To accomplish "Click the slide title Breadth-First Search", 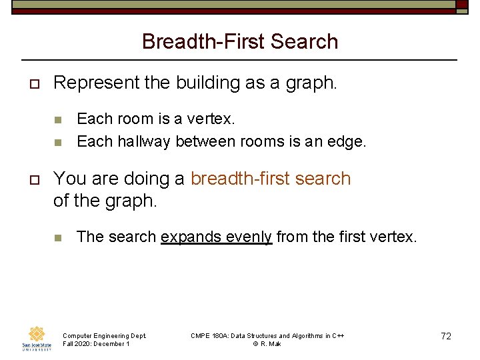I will pyautogui.click(x=240, y=41).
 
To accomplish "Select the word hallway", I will pyautogui.click(x=144, y=141).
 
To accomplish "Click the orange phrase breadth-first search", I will pyautogui.click(x=271, y=179).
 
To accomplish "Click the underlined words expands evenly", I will pyautogui.click(x=217, y=237).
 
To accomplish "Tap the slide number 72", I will pyautogui.click(x=446, y=336).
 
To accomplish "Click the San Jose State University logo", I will pyautogui.click(x=37, y=339).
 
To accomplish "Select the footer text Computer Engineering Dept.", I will pyautogui.click(x=104, y=335).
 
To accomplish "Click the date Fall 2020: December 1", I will pyautogui.click(x=96, y=344).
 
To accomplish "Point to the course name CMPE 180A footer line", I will pyautogui.click(x=267, y=335).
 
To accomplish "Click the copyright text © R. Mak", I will pyautogui.click(x=267, y=344).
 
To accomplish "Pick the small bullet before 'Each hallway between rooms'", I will pyautogui.click(x=58, y=142).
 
